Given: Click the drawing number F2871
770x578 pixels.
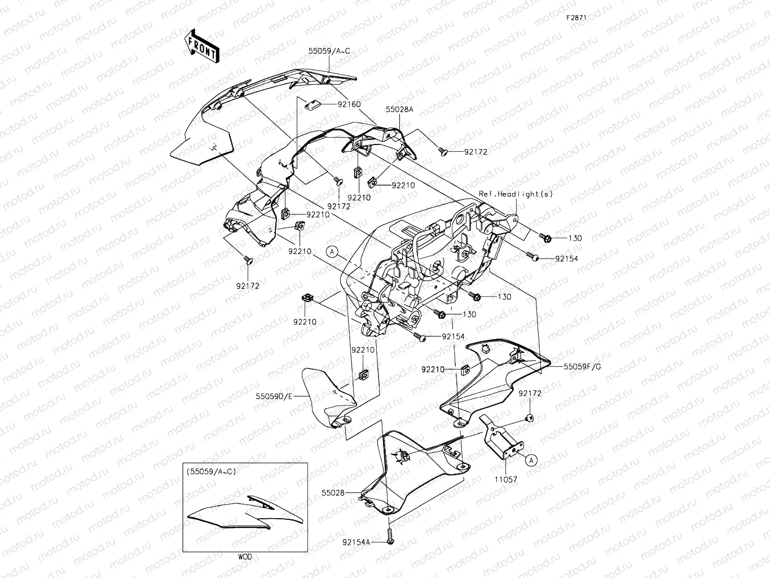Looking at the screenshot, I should click(577, 17).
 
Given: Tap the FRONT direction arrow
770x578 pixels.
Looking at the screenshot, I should click(200, 46).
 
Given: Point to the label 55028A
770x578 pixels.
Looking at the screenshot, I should click(399, 110).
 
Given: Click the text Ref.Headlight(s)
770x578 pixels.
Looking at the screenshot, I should click(516, 194).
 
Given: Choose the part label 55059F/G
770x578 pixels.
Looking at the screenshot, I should click(582, 366).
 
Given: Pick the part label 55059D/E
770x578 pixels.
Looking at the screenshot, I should click(274, 396).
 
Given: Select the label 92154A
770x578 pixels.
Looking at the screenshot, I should click(356, 542).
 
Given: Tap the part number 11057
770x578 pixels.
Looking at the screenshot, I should click(505, 479).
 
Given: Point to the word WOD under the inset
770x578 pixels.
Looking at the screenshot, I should click(245, 557).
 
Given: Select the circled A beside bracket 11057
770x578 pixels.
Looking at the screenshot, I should click(531, 461).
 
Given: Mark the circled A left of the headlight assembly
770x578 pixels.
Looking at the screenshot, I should click(333, 252).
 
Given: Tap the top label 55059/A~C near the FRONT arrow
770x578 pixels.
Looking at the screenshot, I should click(329, 51).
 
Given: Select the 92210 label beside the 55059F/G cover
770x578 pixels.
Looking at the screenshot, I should click(433, 369).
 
